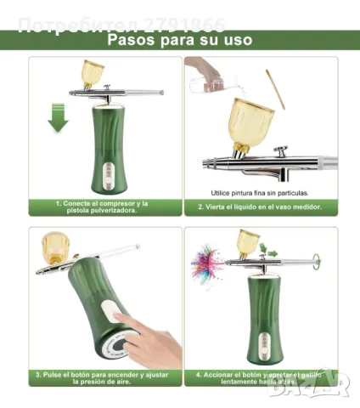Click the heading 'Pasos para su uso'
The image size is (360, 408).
click(x=179, y=39)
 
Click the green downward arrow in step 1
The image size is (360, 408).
click(x=58, y=116)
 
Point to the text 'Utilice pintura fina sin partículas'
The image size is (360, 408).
click(x=260, y=192)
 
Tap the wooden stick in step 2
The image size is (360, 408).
click(x=275, y=89)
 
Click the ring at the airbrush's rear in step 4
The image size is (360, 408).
click(x=316, y=260)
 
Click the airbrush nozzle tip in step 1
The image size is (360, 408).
click(x=162, y=92)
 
